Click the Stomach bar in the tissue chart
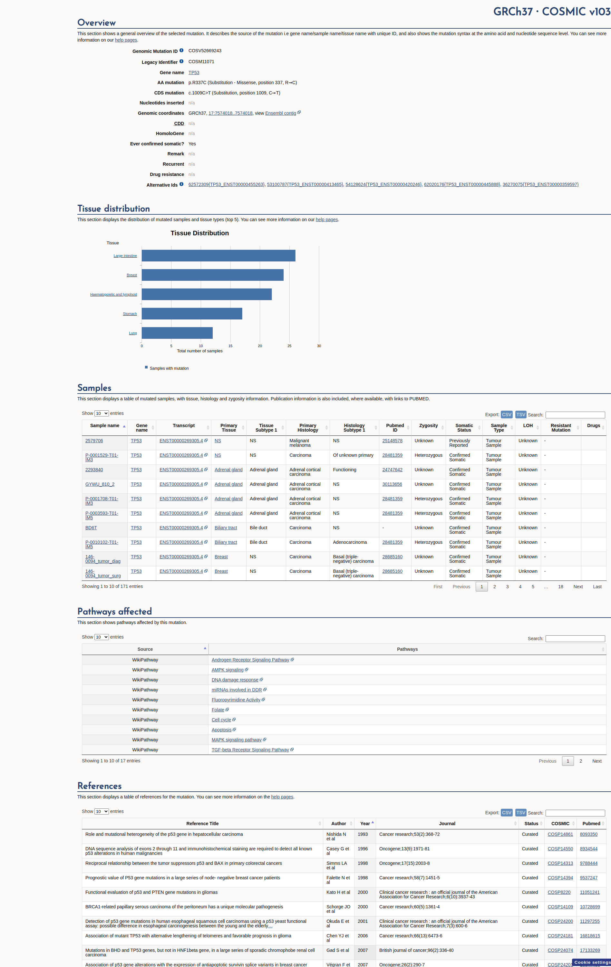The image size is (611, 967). click(192, 314)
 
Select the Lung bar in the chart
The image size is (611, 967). click(177, 333)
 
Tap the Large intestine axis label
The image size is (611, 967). click(125, 256)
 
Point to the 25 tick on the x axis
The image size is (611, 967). click(289, 346)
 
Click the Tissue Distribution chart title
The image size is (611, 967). click(199, 233)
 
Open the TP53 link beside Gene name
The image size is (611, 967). click(194, 73)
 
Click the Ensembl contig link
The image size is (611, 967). click(281, 113)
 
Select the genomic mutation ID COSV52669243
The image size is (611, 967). click(205, 51)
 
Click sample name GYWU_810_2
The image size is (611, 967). click(100, 484)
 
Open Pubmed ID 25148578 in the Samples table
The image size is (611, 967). click(392, 441)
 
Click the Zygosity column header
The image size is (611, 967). click(428, 426)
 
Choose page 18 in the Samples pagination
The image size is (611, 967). click(560, 587)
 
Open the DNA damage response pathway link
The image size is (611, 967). click(235, 680)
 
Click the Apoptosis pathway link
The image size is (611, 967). click(222, 730)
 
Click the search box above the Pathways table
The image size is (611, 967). click(575, 639)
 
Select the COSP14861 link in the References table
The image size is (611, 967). click(560, 835)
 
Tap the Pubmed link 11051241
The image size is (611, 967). click(589, 892)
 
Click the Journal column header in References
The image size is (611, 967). click(447, 824)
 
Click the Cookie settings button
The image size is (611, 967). click(592, 962)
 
